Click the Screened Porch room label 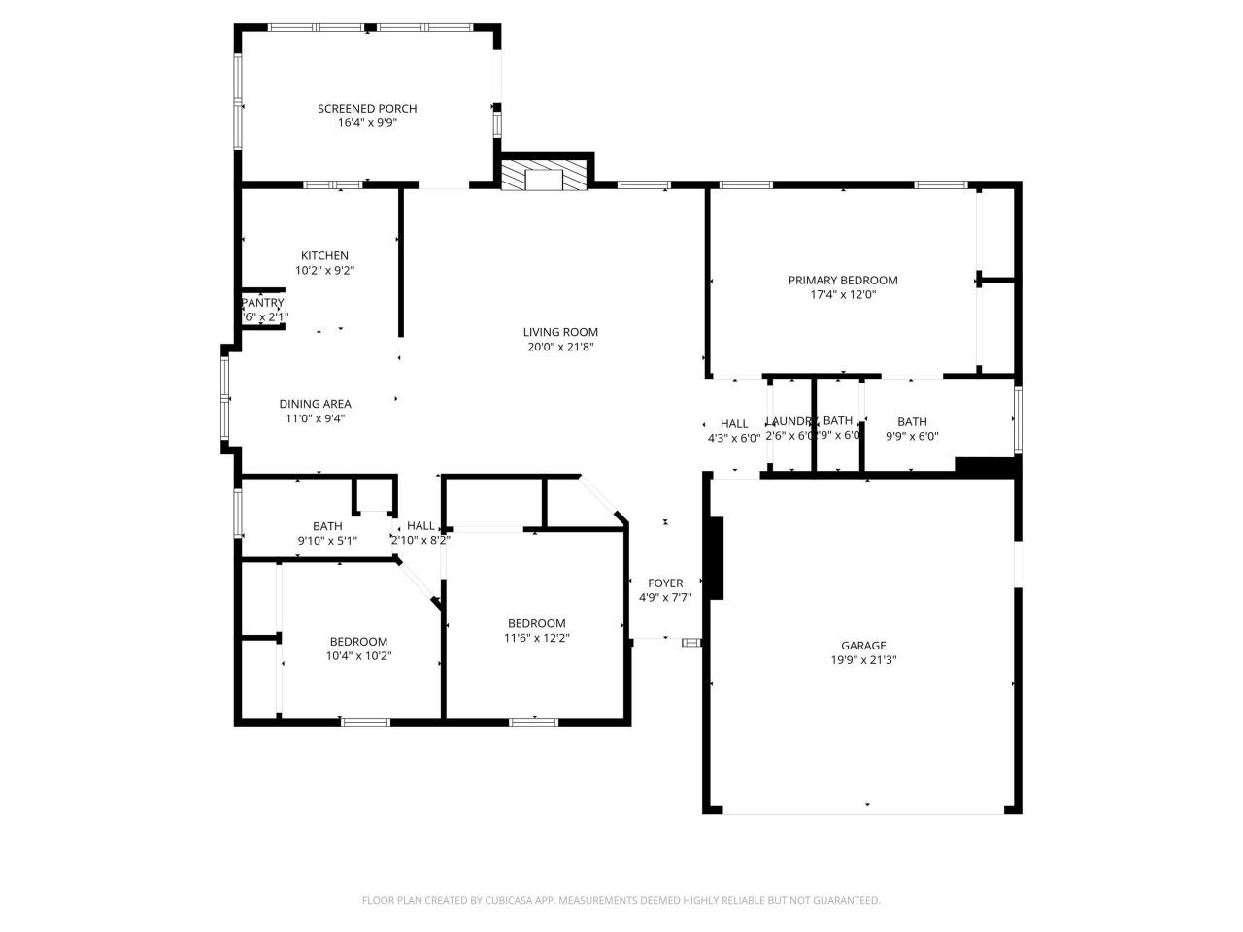(367, 108)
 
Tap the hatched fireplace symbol (545, 175)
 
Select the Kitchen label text (324, 255)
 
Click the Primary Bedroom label (842, 280)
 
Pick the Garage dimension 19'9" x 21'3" (862, 660)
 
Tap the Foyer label (665, 582)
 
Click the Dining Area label (315, 404)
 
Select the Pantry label (262, 303)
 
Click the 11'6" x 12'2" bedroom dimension (536, 638)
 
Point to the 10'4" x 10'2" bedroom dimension (358, 656)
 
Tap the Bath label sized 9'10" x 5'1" (327, 526)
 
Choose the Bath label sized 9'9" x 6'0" (911, 421)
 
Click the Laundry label (789, 421)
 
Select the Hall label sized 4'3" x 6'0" (733, 423)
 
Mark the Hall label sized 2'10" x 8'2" (420, 525)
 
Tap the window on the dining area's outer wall (225, 398)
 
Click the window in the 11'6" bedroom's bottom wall (534, 721)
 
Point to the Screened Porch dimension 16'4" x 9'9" (367, 123)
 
